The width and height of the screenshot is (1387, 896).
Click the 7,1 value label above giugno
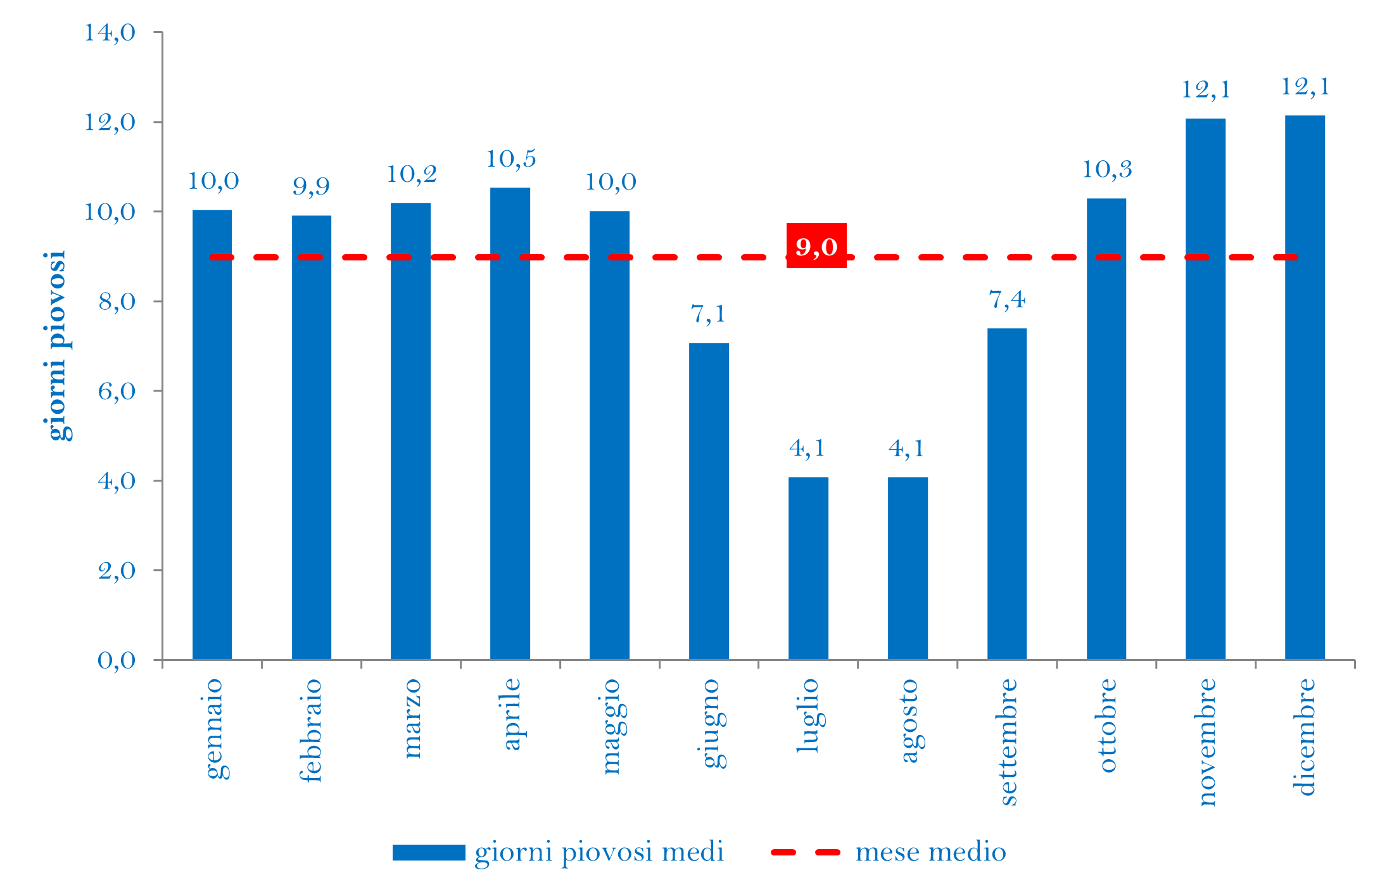[708, 314]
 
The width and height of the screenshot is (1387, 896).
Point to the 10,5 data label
[510, 158]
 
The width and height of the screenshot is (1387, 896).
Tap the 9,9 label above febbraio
[311, 186]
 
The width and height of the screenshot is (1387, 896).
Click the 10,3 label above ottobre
[1106, 169]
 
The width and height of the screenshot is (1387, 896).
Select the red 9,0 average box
[816, 246]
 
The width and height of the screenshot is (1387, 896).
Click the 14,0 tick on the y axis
[110, 32]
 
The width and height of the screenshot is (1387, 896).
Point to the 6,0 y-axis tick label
[117, 391]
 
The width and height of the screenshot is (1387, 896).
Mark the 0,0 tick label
[117, 660]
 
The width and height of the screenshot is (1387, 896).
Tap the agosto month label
[909, 720]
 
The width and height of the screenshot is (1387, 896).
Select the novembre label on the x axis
[1207, 742]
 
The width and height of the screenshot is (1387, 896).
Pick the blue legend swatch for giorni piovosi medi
[429, 852]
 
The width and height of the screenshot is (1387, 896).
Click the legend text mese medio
[930, 852]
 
